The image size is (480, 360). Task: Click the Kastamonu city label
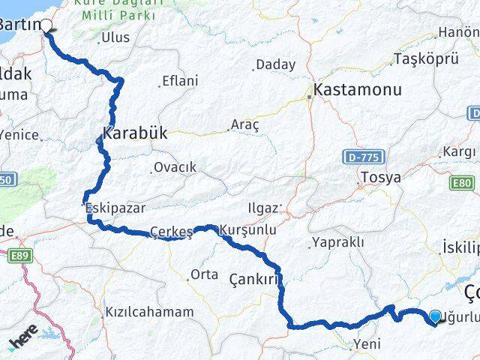coord(358,89)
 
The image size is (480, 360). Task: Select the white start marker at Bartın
coord(46,25)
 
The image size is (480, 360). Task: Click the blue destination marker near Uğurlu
coord(436,318)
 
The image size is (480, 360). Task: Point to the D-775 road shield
coord(365,157)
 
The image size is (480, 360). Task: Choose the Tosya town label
coord(381,178)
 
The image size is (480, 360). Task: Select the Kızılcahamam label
coord(150,311)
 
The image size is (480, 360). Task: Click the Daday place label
coord(275,65)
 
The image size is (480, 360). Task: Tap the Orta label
coord(204,274)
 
